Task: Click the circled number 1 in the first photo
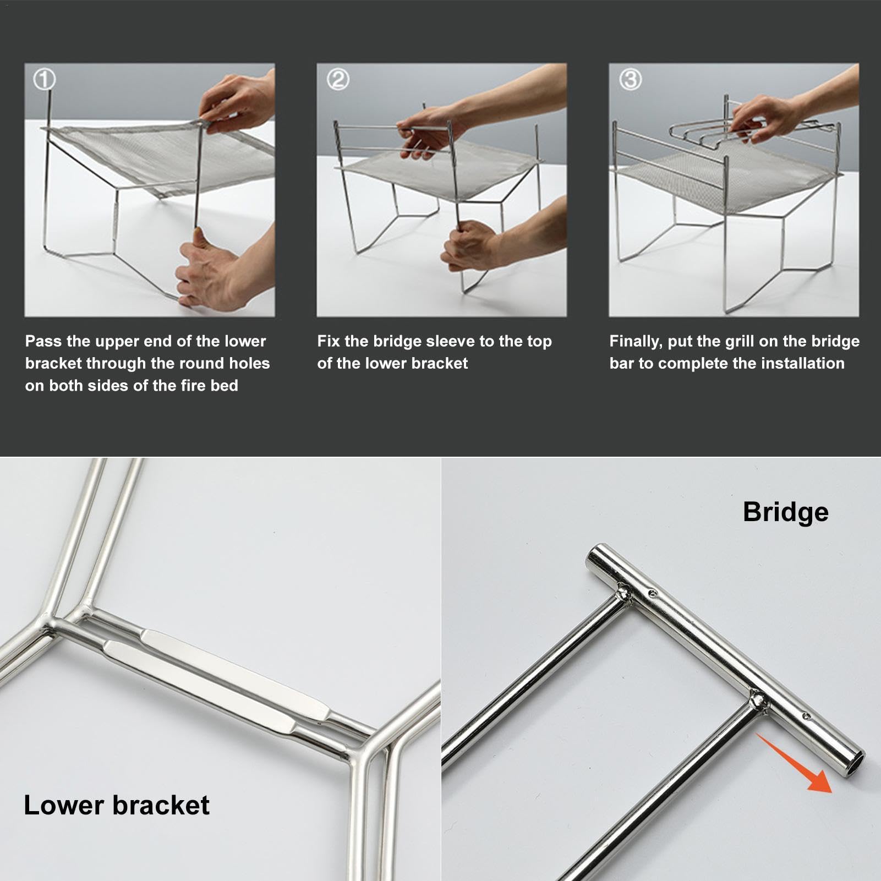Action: click(45, 80)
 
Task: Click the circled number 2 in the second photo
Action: click(337, 80)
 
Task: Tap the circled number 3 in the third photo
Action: click(630, 80)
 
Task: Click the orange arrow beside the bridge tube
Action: click(794, 762)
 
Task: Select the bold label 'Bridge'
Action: click(785, 512)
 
